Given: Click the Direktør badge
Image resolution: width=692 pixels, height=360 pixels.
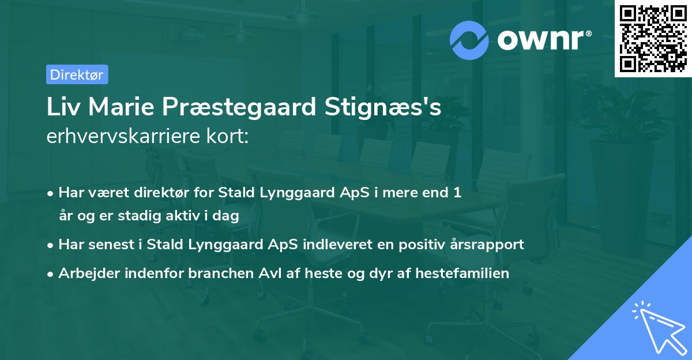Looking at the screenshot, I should pyautogui.click(x=77, y=74).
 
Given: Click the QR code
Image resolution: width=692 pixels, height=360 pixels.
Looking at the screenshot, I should pyautogui.click(x=653, y=39).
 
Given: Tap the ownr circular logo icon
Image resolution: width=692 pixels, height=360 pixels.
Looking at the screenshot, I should pyautogui.click(x=469, y=40).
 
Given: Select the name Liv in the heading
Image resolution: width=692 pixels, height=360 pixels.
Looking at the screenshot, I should pyautogui.click(x=62, y=108).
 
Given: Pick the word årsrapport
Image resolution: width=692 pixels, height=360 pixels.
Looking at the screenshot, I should pyautogui.click(x=487, y=244).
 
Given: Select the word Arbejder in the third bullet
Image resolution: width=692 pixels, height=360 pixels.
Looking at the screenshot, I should pyautogui.click(x=84, y=273).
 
